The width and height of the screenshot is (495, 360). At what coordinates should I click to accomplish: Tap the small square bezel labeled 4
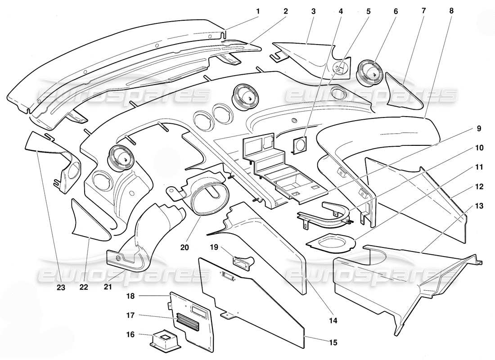point(299,145)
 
